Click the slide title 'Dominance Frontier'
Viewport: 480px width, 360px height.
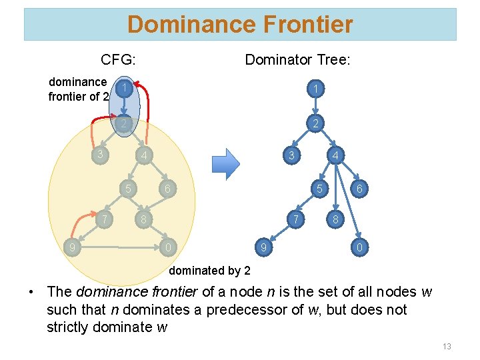(x=240, y=25)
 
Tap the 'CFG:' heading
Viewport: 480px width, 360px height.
(x=119, y=60)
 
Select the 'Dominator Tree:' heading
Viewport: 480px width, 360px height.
(x=297, y=60)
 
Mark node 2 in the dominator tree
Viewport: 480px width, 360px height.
(x=317, y=123)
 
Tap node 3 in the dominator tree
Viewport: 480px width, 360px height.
(x=290, y=156)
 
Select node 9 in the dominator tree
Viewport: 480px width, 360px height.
(x=263, y=249)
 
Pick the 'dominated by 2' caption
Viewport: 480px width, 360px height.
(x=209, y=271)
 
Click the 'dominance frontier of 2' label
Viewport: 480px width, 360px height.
(x=78, y=89)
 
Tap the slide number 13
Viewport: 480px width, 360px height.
(x=447, y=346)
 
